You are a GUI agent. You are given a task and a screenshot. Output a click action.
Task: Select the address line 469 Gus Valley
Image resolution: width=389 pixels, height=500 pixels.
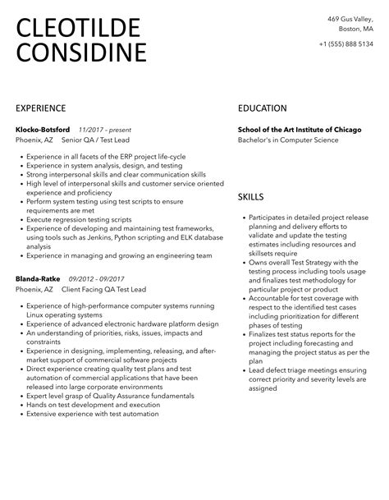(x=350, y=18)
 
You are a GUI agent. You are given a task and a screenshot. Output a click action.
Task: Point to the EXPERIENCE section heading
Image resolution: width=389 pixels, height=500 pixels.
(x=40, y=108)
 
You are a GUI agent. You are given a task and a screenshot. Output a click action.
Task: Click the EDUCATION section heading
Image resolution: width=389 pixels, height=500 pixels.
(x=262, y=108)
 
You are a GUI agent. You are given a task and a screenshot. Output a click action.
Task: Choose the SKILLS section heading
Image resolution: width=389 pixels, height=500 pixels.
(x=250, y=197)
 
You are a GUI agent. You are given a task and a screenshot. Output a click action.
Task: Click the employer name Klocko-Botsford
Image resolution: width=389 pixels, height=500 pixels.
(x=43, y=130)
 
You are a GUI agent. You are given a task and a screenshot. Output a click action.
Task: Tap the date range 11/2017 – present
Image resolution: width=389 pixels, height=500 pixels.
(x=104, y=130)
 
